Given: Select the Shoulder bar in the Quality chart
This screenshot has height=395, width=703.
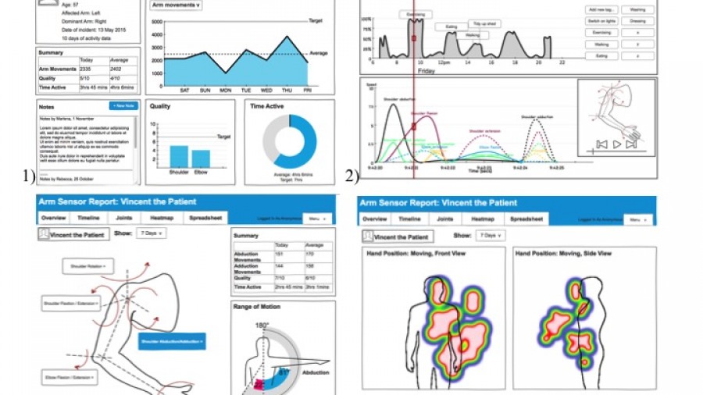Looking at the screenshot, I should (179, 155).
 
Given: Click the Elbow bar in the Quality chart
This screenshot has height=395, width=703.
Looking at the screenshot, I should (202, 158).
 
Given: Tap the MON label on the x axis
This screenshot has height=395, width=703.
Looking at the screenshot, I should (226, 90).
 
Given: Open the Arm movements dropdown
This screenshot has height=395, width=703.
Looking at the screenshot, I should (176, 5).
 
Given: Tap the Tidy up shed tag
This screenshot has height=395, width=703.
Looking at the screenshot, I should (489, 25).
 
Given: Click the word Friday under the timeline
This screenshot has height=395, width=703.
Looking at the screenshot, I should (426, 70).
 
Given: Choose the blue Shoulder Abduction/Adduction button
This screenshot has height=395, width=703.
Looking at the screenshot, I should (172, 341).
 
